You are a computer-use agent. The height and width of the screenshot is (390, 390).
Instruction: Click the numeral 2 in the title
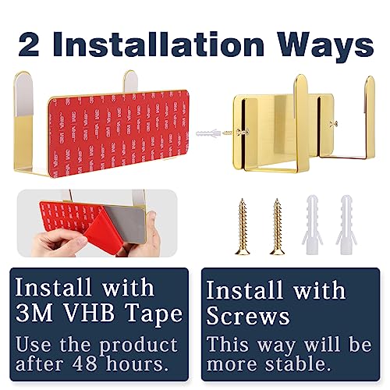tap(29, 44)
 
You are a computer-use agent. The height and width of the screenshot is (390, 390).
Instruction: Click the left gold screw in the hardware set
tap(243, 226)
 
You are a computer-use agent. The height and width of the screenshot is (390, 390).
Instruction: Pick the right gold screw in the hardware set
tap(278, 226)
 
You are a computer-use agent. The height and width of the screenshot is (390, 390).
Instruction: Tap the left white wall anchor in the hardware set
tap(312, 225)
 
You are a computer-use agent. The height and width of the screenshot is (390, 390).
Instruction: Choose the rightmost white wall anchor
tap(347, 225)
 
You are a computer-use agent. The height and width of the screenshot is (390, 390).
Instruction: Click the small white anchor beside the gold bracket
tap(208, 133)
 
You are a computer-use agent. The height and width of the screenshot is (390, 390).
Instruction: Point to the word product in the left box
tap(139, 346)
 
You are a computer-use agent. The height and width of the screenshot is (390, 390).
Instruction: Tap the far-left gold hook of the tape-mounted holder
tap(23, 122)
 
